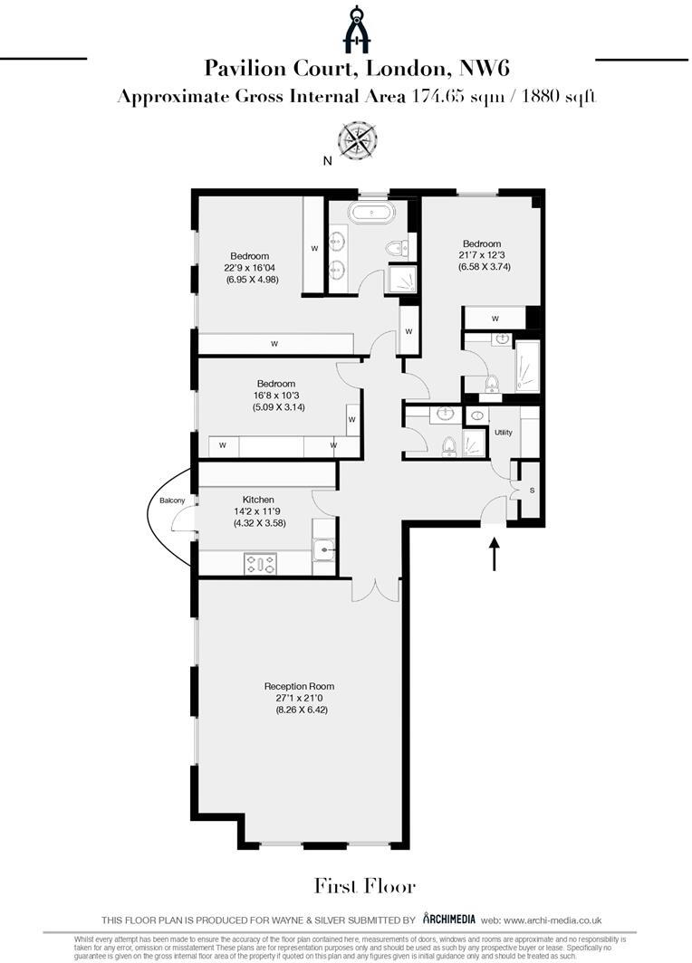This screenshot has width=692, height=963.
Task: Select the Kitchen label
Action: tap(258, 500)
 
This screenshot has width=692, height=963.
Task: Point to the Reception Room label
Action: tap(299, 685)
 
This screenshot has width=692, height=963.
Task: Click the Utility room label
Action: tap(504, 433)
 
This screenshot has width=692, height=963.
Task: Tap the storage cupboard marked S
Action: tap(531, 490)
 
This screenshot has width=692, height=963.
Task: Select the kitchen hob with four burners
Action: tap(260, 565)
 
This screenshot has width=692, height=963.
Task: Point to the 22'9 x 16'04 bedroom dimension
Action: tap(251, 268)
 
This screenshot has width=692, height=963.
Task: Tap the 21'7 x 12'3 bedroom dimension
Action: tap(482, 255)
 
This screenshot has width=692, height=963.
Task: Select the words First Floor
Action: tap(365, 884)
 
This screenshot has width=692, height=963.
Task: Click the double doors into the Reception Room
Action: tap(375, 588)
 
